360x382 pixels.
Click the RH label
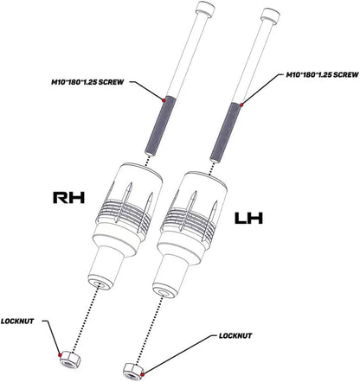tap(69, 197)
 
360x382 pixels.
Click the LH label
tap(248, 218)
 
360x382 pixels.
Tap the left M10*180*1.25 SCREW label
tap(87, 82)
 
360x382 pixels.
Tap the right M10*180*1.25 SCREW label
tap(322, 75)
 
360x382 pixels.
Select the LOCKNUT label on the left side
tap(17, 321)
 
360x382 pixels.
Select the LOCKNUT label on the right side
tap(235, 336)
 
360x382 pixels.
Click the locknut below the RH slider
tap(71, 360)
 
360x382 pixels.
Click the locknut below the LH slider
tap(133, 372)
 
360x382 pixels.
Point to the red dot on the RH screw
tap(164, 100)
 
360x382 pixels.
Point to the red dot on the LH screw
tap(241, 105)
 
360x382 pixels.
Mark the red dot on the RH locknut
tap(60, 354)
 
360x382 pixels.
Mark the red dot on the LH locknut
tap(142, 374)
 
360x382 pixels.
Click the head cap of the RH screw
tap(205, 8)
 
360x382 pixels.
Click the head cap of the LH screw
tap(270, 15)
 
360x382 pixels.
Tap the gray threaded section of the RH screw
tap(160, 126)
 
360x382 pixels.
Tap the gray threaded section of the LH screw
tap(226, 131)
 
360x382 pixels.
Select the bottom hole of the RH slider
tap(101, 284)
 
